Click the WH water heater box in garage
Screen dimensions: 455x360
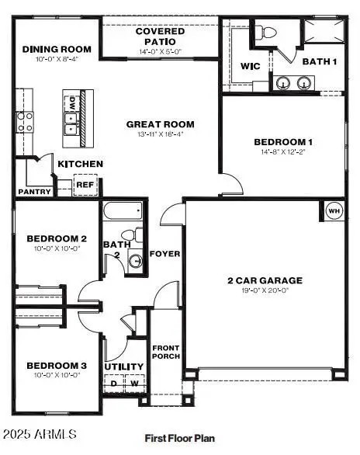(x=334, y=210)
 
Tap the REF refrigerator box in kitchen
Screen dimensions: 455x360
(x=85, y=185)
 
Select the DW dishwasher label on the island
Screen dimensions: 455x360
(x=72, y=102)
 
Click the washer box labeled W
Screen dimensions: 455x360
(x=133, y=383)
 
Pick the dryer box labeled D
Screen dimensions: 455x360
(x=114, y=383)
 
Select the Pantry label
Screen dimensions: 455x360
(x=34, y=192)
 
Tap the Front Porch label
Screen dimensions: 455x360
(x=166, y=352)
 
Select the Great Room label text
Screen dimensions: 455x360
(x=161, y=124)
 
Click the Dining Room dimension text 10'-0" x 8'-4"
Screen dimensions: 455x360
(x=50, y=58)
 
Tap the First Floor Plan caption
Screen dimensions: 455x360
(x=179, y=438)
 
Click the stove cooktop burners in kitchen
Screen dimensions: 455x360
(x=25, y=121)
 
